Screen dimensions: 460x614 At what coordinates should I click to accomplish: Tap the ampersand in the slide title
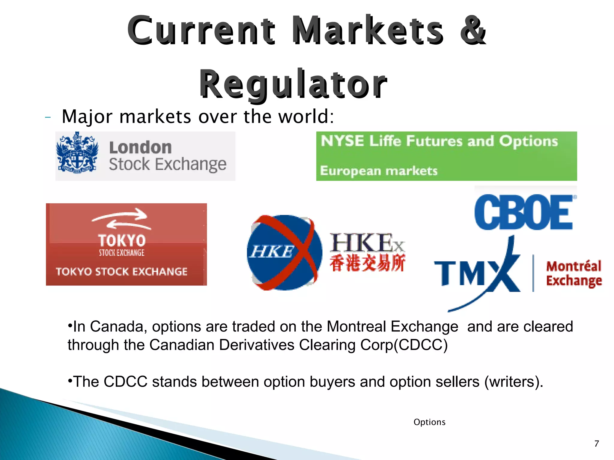pos(473,31)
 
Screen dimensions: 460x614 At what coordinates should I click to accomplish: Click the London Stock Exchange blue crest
pos(77,153)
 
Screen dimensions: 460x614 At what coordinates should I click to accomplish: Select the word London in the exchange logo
pos(140,147)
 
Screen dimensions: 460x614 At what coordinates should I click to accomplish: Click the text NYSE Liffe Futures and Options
pos(439,141)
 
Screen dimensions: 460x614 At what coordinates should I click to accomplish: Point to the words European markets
pos(379,171)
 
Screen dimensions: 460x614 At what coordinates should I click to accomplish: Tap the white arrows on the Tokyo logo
pos(121,219)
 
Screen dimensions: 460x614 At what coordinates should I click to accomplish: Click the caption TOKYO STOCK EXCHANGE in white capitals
pos(121,272)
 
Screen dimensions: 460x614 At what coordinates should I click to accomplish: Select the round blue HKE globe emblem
pos(284,252)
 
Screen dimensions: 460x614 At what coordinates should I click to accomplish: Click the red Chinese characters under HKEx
pos(367,263)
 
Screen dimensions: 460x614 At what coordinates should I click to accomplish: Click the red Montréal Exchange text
pos(574,273)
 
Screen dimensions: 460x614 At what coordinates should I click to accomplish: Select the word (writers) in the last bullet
pos(513,382)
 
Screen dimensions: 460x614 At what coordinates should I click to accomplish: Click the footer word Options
pos(429,422)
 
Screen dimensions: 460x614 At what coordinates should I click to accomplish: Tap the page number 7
pos(597,444)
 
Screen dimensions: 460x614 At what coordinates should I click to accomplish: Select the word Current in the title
pos(201,31)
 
